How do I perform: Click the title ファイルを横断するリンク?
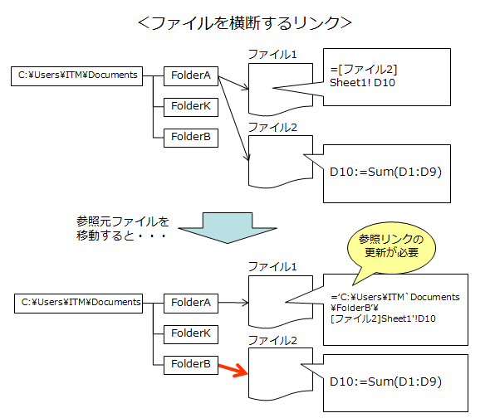245,23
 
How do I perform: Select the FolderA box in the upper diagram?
191,75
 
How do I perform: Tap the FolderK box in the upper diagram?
191,107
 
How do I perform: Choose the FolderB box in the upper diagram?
191,138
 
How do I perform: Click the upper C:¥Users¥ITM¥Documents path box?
77,75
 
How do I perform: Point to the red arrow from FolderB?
233,369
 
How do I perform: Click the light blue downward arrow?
228,228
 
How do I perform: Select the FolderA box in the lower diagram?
191,303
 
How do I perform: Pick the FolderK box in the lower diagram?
191,334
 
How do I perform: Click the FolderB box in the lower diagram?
191,365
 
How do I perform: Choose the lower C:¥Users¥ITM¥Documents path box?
78,303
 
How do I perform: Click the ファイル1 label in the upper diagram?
272,54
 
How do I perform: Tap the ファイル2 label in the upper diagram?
272,127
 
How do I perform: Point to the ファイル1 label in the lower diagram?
272,266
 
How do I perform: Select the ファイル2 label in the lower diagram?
272,340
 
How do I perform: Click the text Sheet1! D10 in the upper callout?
362,83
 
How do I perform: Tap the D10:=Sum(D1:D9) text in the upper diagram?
385,172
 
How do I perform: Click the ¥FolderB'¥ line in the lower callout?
355,308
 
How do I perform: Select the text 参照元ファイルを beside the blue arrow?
123,221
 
